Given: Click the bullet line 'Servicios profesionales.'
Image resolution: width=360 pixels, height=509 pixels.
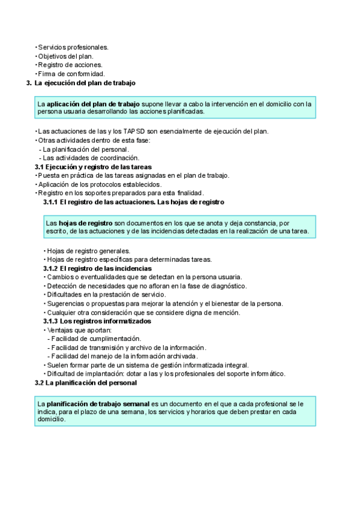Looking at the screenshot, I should click(x=73, y=47).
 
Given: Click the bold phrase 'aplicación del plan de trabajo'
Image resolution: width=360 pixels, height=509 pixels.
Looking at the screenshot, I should click(x=102, y=104).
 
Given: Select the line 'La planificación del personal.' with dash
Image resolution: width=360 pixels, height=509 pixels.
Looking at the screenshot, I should click(x=86, y=149).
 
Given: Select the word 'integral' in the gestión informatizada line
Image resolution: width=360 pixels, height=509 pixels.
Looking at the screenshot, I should click(x=235, y=365).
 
